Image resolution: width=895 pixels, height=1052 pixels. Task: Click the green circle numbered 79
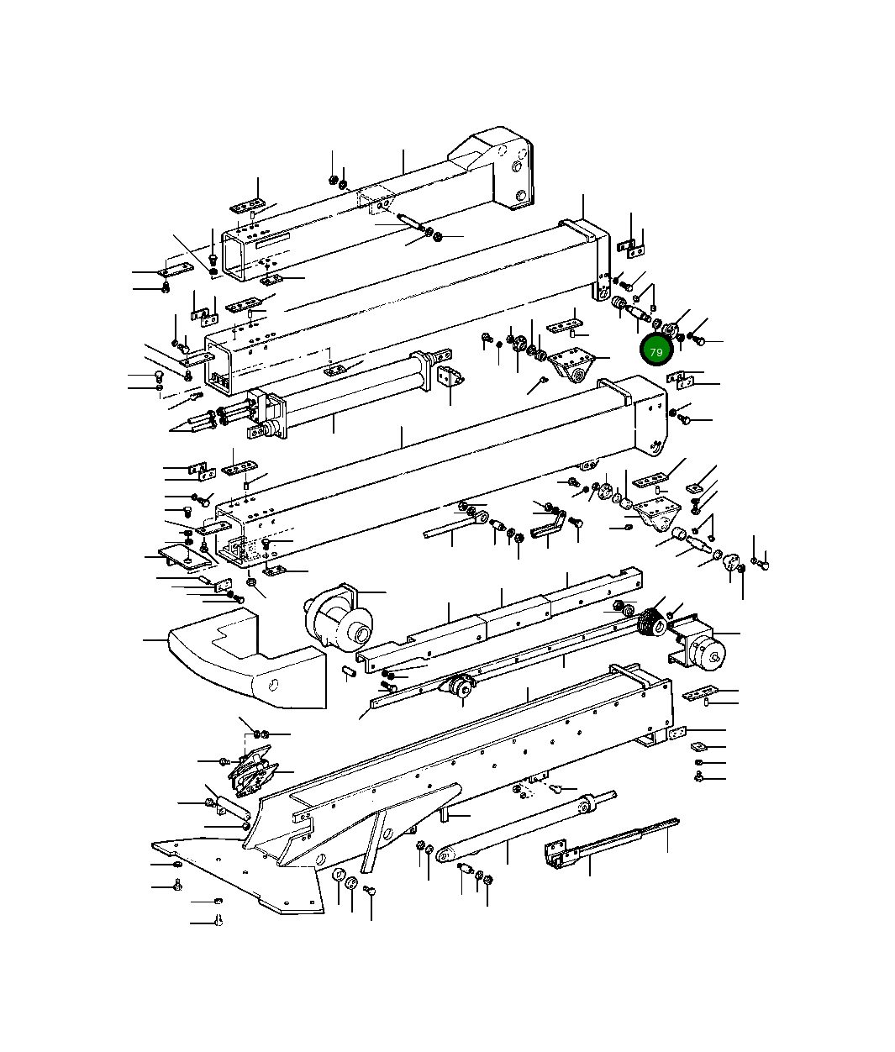coord(655,351)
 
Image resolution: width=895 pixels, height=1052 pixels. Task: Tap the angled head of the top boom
coord(496,168)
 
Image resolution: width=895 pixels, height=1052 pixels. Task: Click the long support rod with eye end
coord(521,832)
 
